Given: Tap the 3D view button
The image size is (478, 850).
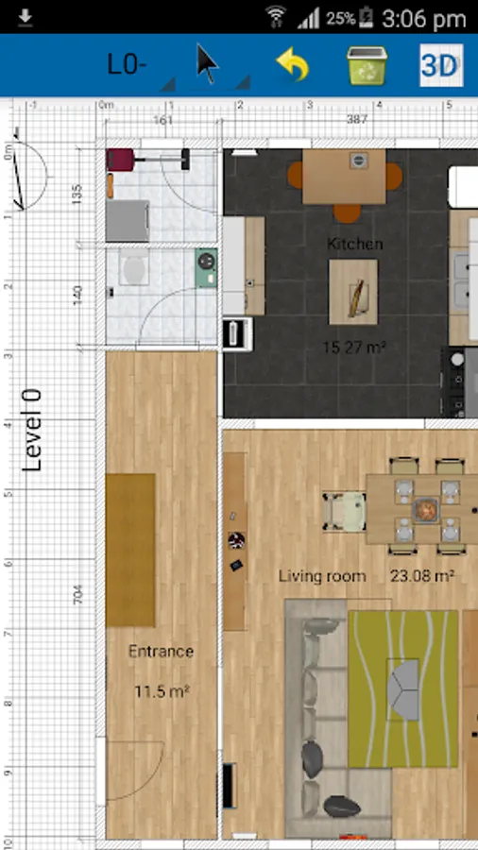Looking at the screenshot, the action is [x=441, y=65].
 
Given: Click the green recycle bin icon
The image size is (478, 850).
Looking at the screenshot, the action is [x=367, y=65].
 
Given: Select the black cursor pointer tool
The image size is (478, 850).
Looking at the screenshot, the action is [x=207, y=64].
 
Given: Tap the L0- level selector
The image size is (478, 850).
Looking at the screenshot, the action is [x=127, y=65].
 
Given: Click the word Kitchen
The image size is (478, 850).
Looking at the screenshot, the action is [x=355, y=244].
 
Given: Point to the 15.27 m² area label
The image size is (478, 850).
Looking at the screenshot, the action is [x=354, y=347].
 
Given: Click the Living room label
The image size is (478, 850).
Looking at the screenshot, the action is [x=322, y=576].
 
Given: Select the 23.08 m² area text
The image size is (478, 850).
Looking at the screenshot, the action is [x=422, y=576].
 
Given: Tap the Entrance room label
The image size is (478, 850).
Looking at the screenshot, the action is [x=161, y=651].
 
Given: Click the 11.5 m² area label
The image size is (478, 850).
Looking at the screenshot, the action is [x=162, y=691].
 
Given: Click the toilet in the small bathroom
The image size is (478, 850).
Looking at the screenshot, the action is [x=133, y=266].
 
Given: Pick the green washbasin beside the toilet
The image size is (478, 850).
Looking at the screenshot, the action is [x=207, y=267].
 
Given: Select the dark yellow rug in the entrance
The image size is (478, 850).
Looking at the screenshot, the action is [x=130, y=551].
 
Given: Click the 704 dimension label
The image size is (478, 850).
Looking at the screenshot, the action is [x=77, y=595].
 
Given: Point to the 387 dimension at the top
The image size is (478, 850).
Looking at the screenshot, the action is [x=356, y=119].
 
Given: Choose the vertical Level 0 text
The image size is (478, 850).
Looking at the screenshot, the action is [x=32, y=430].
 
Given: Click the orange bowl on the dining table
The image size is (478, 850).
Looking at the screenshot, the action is [x=425, y=510].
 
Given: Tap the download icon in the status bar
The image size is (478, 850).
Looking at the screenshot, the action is [x=25, y=19].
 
